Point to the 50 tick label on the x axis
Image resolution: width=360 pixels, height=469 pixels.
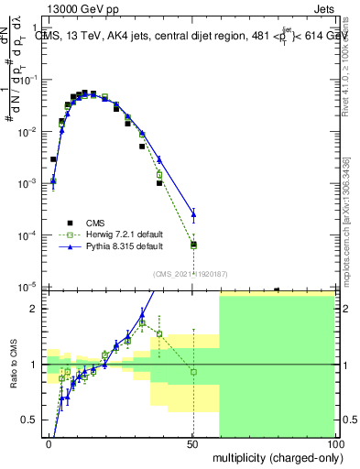tap(193, 442)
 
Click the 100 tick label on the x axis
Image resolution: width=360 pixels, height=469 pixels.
tap(335, 442)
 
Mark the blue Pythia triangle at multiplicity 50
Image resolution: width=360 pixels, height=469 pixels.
tap(193, 215)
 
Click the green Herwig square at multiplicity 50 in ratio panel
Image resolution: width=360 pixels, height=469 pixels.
tap(193, 371)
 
